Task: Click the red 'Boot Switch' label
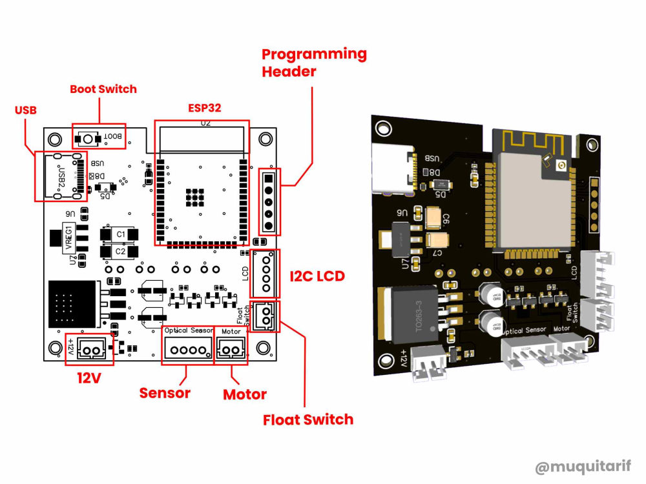pos(103,89)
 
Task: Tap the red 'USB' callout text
pos(25,111)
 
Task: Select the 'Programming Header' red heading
pos(313,63)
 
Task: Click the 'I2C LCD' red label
pos(317,276)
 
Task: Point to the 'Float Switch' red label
pos(308,419)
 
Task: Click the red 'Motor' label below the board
pos(244,394)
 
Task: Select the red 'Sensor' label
pos(165,392)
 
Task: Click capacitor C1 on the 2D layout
pos(120,234)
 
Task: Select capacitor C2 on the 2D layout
pos(120,250)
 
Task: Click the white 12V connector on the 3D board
pos(427,364)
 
